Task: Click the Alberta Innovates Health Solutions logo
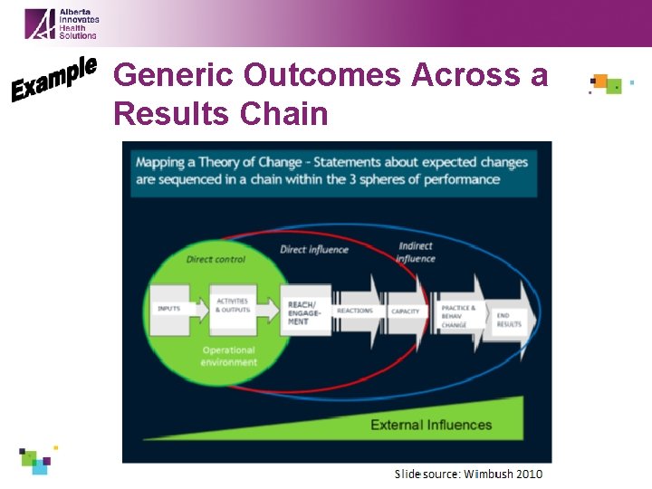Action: click(61, 23)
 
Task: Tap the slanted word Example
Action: click(54, 79)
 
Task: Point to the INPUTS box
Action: click(169, 309)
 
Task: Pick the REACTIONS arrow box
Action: click(356, 311)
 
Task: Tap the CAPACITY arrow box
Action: click(407, 312)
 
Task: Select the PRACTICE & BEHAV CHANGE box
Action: click(457, 315)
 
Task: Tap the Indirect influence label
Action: click(416, 253)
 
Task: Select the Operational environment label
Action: click(228, 356)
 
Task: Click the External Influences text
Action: click(431, 425)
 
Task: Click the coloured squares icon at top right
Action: click(607, 84)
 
